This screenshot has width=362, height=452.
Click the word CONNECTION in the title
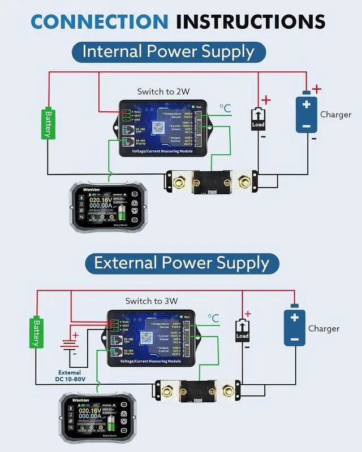point(99,21)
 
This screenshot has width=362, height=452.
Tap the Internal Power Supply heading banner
point(168,51)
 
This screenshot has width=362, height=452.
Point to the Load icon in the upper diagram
point(258,119)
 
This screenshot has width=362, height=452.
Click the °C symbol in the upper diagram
point(225,108)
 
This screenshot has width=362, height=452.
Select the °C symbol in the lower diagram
point(213,319)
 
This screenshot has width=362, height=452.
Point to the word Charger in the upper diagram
point(336,114)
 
